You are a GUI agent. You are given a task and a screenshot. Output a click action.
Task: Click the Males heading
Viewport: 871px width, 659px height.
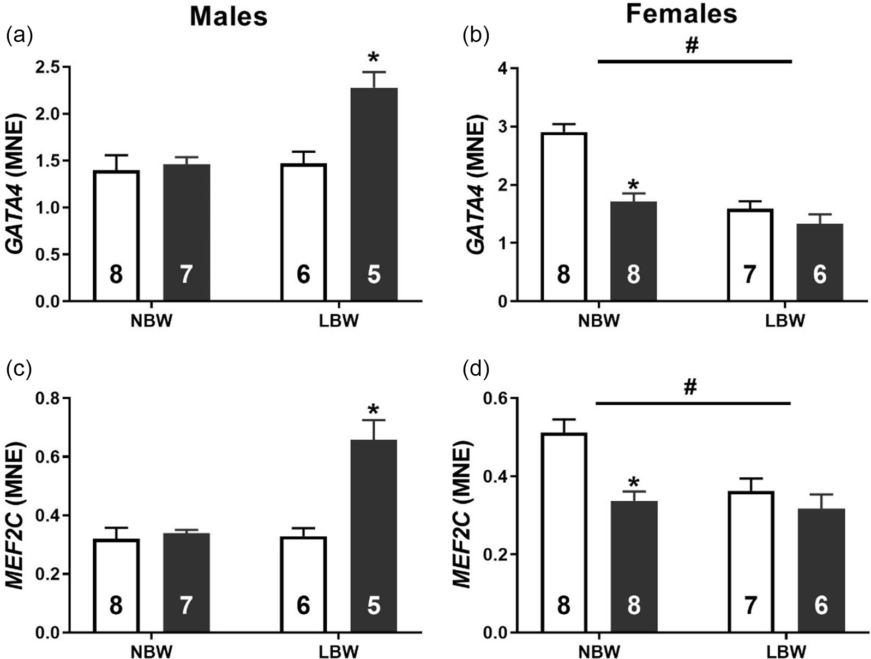(x=229, y=16)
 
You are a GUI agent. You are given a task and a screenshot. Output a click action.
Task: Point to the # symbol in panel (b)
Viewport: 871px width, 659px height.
(x=691, y=46)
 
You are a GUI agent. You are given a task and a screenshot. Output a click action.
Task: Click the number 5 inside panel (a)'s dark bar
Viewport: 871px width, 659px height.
(x=374, y=274)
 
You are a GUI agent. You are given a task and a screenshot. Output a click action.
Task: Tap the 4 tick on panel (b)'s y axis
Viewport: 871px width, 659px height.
(x=502, y=69)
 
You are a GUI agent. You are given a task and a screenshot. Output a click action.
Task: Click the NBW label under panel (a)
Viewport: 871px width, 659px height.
(x=151, y=321)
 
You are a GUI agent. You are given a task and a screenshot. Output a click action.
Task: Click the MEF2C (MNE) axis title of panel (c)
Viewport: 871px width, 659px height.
(x=16, y=516)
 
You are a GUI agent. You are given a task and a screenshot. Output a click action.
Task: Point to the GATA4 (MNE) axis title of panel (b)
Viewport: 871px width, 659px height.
(x=476, y=185)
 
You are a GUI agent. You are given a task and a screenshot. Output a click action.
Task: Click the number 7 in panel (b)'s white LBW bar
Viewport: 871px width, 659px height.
(x=750, y=274)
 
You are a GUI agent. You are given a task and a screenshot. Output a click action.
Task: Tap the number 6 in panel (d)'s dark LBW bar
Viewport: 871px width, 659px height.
(x=820, y=606)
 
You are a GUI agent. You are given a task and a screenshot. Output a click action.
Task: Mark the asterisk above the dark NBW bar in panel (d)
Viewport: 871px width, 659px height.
(x=633, y=483)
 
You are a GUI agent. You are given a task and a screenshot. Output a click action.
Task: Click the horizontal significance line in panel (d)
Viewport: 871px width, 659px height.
(x=693, y=404)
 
